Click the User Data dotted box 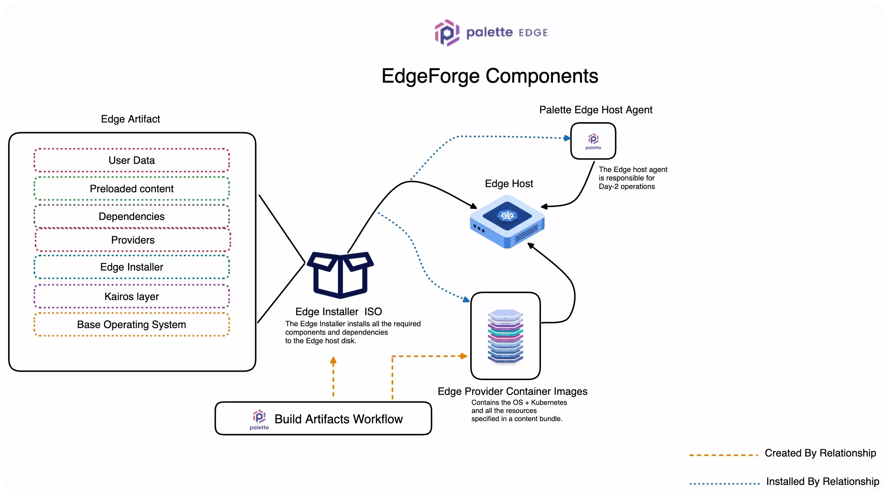132,160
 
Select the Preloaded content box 132,189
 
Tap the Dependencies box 132,216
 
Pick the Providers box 133,240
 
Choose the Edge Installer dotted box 132,267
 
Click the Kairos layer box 132,296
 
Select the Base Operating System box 132,324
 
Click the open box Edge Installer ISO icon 340,275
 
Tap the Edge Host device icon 507,221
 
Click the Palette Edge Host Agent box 593,141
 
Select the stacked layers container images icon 505,336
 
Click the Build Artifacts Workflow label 338,419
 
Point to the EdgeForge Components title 490,76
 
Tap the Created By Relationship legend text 820,453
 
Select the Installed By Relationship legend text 822,481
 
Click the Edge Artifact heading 130,119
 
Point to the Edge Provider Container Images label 512,391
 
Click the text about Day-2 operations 633,178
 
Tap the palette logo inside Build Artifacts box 259,420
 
